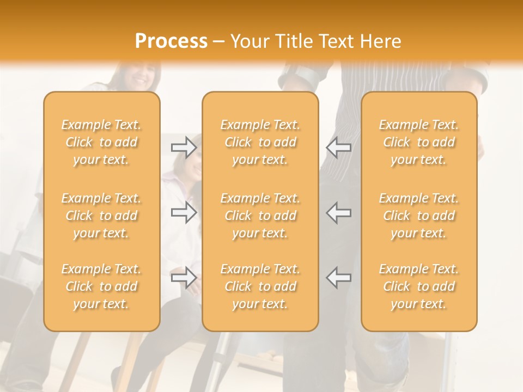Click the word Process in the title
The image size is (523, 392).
click(x=171, y=41)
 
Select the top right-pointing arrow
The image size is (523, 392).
click(x=184, y=148)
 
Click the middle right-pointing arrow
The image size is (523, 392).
click(x=184, y=212)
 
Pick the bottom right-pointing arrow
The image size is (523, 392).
click(x=184, y=278)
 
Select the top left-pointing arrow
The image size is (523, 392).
click(x=338, y=148)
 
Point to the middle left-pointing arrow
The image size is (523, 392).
click(x=338, y=212)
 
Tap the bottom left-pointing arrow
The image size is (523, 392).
click(x=338, y=278)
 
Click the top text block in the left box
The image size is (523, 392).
click(x=101, y=142)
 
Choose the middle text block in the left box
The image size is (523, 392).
click(x=101, y=216)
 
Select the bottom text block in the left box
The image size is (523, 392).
click(x=101, y=286)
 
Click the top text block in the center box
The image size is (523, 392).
click(x=260, y=142)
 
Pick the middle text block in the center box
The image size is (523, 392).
click(x=260, y=216)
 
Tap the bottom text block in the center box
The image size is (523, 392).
click(x=260, y=286)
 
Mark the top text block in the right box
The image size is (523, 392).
click(x=419, y=142)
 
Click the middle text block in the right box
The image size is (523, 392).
click(x=419, y=216)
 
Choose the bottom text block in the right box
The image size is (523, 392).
click(x=419, y=286)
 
